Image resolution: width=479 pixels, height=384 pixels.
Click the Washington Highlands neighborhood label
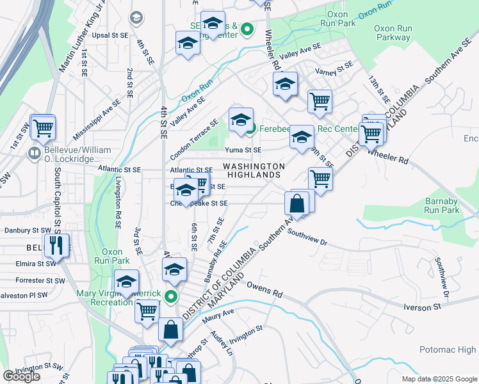[x=254, y=170]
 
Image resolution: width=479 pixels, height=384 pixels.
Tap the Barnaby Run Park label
[x=442, y=205]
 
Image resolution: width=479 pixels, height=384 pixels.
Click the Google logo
[x=21, y=376]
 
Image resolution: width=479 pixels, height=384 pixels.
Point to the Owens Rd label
[x=264, y=290]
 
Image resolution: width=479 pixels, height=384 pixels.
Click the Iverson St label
[x=423, y=307]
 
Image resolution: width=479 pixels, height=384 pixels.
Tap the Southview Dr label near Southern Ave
[x=307, y=238]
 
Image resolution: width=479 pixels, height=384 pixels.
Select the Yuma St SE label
[x=243, y=150]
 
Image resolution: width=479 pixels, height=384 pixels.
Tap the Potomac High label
[x=448, y=349]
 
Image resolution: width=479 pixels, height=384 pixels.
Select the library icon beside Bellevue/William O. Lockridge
[x=33, y=154]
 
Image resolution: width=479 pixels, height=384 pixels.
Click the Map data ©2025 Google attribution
[x=439, y=379]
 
